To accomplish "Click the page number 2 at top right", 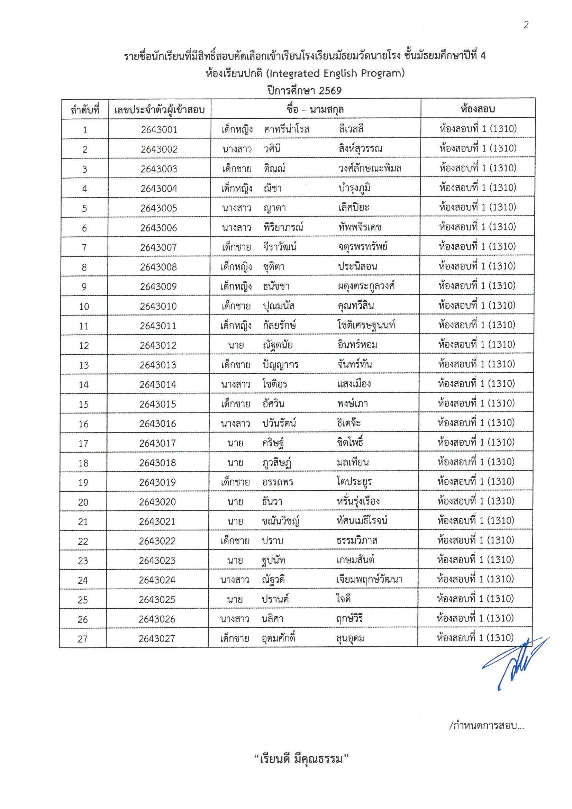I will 526,25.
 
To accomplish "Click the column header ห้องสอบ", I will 478,109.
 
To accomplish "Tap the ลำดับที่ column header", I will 85,110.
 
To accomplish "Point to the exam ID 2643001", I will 159,130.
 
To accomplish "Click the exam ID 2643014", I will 157,384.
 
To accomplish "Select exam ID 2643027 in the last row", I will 156,638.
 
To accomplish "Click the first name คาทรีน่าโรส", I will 287,129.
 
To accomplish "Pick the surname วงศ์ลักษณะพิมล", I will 370,169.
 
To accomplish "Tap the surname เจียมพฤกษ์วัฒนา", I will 369,579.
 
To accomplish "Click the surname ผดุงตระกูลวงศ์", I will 366,286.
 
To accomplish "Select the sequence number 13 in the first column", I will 83,365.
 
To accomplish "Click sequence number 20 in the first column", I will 83,502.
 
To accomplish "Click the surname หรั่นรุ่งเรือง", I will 358,501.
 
